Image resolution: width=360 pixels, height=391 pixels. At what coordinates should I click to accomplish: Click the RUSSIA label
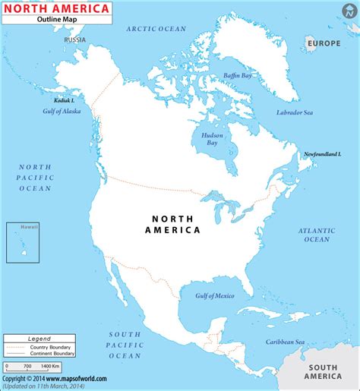pyautogui.click(x=75, y=39)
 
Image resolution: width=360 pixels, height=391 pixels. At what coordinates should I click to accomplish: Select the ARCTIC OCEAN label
pyautogui.click(x=157, y=28)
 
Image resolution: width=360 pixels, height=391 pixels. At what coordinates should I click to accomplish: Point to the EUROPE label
pyautogui.click(x=324, y=43)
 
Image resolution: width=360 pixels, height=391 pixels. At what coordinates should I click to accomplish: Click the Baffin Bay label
pyautogui.click(x=237, y=75)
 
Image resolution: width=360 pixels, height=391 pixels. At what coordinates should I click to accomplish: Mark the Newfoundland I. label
pyautogui.click(x=321, y=154)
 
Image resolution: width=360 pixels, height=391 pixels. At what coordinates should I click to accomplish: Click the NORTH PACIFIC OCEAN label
pyautogui.click(x=35, y=177)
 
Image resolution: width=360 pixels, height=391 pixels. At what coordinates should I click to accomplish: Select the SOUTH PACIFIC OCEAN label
pyautogui.click(x=125, y=345)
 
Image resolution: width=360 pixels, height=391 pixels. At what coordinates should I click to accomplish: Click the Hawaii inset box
pyautogui.click(x=23, y=242)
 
